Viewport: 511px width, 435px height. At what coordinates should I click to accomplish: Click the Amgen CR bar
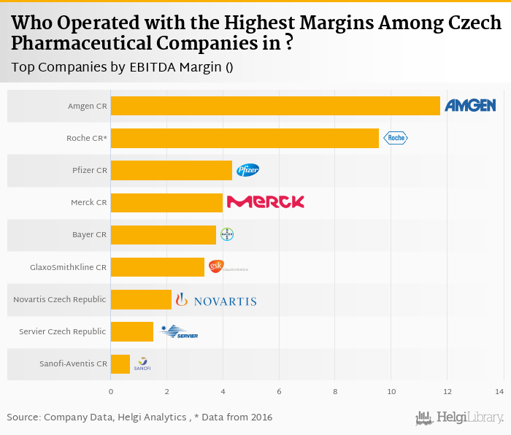275,106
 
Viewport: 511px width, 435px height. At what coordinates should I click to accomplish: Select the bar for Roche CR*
245,138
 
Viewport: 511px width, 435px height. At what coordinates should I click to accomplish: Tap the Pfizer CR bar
172,170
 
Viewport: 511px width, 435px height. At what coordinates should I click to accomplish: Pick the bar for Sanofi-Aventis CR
120,363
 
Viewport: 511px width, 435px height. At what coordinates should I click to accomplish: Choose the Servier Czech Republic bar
132,331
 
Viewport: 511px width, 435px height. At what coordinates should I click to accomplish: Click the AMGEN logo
470,106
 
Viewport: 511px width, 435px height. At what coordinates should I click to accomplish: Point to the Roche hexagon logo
396,138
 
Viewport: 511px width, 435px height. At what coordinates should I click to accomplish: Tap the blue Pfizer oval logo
247,170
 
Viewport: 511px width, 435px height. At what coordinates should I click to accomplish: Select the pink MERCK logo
265,202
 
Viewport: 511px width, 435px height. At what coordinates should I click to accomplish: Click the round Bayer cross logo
227,234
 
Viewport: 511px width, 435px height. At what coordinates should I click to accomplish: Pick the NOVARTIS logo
216,300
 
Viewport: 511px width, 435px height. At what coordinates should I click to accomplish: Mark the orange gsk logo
216,266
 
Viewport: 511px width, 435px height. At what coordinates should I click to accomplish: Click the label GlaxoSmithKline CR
69,267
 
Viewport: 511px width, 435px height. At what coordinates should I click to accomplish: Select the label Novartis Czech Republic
60,299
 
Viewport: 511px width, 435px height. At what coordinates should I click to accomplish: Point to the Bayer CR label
89,235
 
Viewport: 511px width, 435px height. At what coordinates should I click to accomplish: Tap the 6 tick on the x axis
279,392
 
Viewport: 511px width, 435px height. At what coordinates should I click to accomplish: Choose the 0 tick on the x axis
111,392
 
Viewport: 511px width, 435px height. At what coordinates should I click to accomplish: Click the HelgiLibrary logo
460,417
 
